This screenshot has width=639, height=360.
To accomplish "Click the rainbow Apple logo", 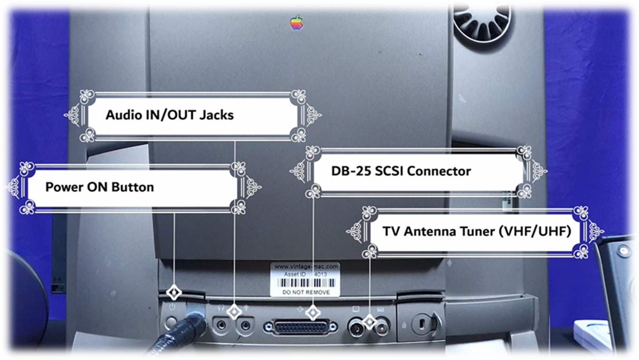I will (x=297, y=22).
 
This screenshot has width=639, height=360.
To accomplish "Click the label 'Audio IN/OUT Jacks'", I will (x=169, y=115).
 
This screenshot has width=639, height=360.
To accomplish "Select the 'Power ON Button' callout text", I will (x=99, y=187).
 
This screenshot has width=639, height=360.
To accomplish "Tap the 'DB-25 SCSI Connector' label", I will (x=401, y=171).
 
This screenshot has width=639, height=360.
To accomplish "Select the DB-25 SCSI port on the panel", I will (x=300, y=327).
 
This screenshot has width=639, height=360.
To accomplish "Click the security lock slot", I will (x=421, y=323).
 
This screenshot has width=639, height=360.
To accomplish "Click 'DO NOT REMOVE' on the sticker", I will (x=305, y=292).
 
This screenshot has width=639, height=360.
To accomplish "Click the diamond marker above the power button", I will (x=174, y=292).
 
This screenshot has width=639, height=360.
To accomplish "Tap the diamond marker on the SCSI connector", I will (x=313, y=312).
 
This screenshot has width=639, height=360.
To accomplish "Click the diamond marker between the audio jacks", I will (x=234, y=312).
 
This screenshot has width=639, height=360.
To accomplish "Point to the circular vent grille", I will (x=481, y=21).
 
